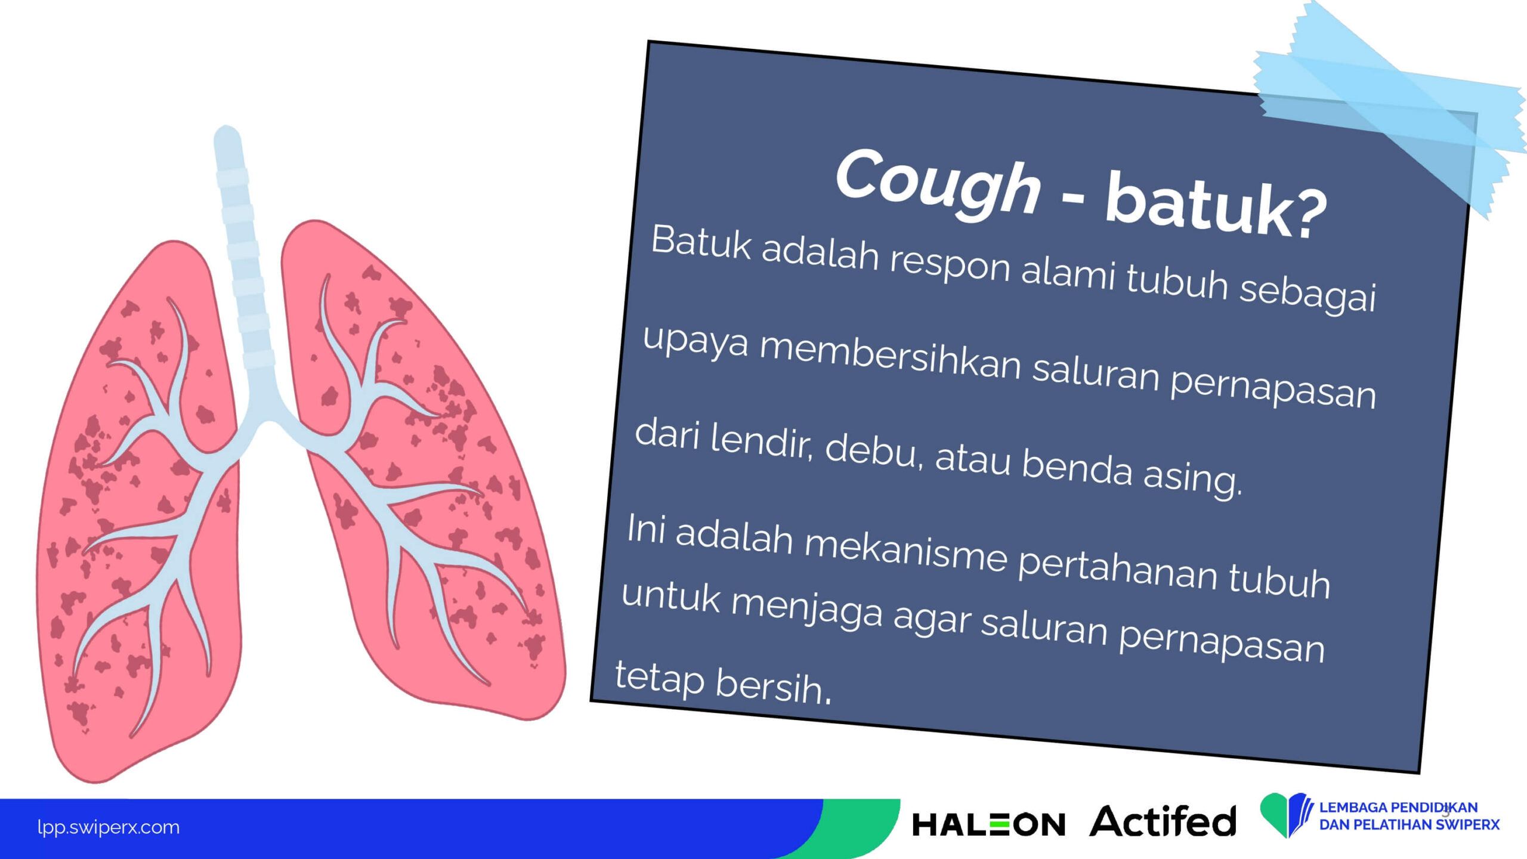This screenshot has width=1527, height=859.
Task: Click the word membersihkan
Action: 890,359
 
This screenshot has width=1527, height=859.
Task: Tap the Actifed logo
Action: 1163,821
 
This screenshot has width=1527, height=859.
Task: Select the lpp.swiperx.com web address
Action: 108,827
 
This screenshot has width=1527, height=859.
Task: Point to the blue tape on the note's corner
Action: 1390,107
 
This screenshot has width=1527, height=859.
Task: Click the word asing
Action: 1192,477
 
